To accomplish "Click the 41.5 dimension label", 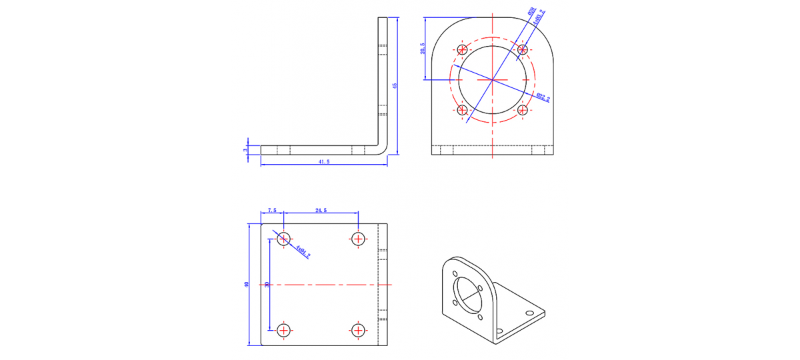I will click(323, 162).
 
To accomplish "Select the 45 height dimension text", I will click(395, 85).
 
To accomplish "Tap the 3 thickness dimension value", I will click(246, 150).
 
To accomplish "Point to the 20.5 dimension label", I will click(422, 49).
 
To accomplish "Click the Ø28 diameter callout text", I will click(531, 13).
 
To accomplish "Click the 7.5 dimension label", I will click(272, 210).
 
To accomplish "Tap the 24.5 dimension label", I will click(321, 210).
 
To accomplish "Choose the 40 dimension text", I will click(247, 285).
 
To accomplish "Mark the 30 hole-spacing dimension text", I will click(267, 285).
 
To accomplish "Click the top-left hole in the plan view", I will click(284, 238).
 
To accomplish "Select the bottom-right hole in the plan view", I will click(359, 329).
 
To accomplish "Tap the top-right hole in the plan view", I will click(359, 238).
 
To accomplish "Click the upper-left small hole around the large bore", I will click(462, 49).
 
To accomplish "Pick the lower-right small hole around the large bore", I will click(523, 110).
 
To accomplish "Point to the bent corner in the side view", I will click(382, 149).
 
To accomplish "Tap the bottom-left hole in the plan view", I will click(284, 329).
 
